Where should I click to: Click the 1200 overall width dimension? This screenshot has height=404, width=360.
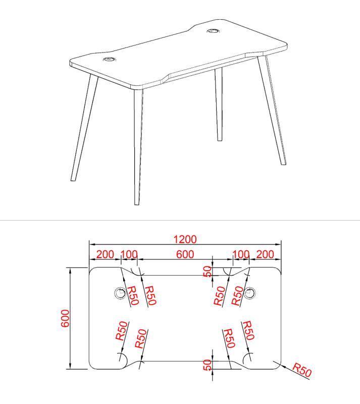[x=185, y=239]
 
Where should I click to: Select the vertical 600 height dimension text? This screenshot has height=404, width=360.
[x=65, y=318]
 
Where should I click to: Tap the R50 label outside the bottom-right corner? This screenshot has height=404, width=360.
[x=302, y=371]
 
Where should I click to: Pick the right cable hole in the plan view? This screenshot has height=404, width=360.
[x=249, y=292]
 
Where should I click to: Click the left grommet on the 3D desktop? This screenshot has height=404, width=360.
[x=109, y=60]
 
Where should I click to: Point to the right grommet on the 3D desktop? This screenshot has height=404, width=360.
[x=213, y=31]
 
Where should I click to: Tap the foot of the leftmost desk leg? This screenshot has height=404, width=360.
[x=73, y=179]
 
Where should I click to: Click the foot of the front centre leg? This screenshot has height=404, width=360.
[x=136, y=203]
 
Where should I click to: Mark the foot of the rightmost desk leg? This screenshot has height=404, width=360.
[x=284, y=163]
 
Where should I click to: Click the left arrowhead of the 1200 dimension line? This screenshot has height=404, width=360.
[x=91, y=244]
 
